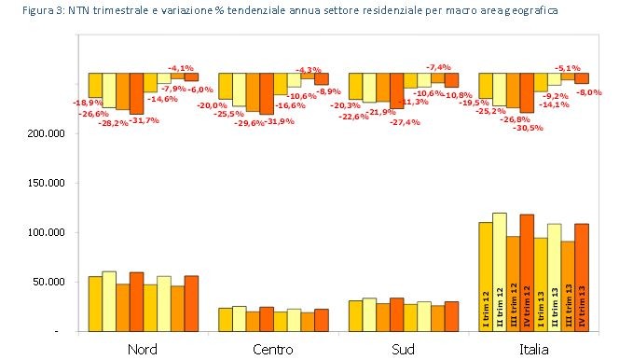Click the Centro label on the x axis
tap(273, 349)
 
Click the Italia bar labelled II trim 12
tap(499, 271)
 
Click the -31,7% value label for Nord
tap(145, 119)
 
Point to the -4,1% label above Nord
tap(181, 68)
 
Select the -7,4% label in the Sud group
tap(438, 67)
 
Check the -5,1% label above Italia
tap(568, 67)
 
